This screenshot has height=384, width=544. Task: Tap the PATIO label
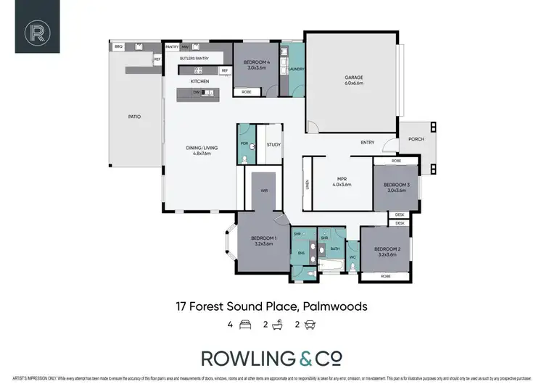pyautogui.click(x=134, y=116)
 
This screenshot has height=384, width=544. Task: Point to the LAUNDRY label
pyautogui.click(x=295, y=70)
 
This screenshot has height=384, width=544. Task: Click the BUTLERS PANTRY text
pyautogui.click(x=194, y=57)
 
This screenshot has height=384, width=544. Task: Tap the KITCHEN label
pyautogui.click(x=199, y=81)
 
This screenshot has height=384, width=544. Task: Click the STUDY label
pyautogui.click(x=273, y=144)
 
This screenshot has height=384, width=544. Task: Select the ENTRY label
pyautogui.click(x=367, y=142)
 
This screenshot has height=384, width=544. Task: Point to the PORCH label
pyautogui.click(x=416, y=139)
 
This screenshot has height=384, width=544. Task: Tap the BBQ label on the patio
pyautogui.click(x=118, y=46)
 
